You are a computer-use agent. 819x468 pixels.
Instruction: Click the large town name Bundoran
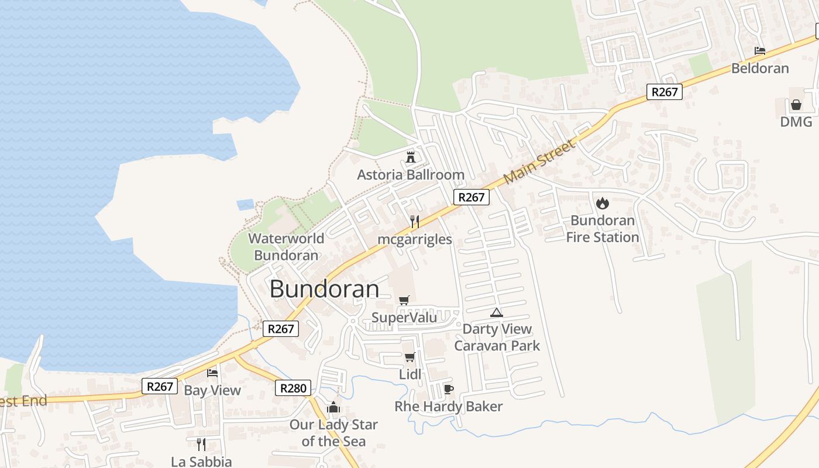(x=324, y=290)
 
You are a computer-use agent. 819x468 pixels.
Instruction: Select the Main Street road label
(x=539, y=161)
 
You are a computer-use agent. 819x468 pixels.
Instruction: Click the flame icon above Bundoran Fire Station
(x=602, y=204)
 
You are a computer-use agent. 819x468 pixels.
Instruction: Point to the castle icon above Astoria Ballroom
(x=411, y=157)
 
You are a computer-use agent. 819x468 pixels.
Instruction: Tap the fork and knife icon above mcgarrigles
(x=415, y=222)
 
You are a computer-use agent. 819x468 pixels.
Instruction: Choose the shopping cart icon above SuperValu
(x=404, y=301)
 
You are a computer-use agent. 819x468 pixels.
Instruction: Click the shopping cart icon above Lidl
(x=409, y=357)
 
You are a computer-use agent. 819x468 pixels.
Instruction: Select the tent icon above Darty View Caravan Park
(x=497, y=312)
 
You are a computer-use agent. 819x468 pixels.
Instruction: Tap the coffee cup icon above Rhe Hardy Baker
(x=449, y=389)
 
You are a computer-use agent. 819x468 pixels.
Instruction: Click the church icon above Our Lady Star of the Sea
(x=333, y=407)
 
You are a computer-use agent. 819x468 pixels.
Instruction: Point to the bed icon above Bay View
(x=212, y=373)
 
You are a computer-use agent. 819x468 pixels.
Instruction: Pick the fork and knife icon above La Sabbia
(x=201, y=445)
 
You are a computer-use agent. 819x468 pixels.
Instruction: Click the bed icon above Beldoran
(x=760, y=51)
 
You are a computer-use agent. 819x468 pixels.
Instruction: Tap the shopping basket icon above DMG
(x=796, y=105)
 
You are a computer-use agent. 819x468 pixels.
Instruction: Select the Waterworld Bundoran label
(x=286, y=247)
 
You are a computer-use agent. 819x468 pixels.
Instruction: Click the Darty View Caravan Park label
(x=497, y=338)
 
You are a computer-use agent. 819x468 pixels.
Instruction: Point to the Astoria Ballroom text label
(x=411, y=175)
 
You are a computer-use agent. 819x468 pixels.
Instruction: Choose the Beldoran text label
(x=760, y=68)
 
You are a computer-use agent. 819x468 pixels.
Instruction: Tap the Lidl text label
(x=409, y=374)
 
